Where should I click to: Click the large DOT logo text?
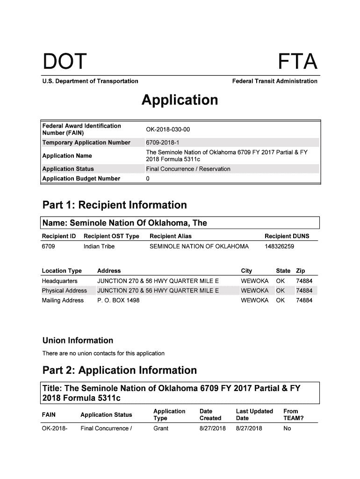coord(65,62)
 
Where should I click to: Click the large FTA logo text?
coord(298,62)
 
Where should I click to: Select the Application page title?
coord(180,100)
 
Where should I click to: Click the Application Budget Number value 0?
coord(148,179)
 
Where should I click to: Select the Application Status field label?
coord(68,169)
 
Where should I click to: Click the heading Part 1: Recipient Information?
coord(115,205)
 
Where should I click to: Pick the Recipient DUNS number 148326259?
coord(280,247)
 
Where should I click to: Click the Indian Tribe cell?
coord(99,247)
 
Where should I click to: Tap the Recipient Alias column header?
coord(170,236)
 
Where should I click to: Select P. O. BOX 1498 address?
coord(118,300)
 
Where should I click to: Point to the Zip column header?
coord(301,271)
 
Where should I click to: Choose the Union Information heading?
coord(78,341)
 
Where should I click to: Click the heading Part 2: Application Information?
coord(120,370)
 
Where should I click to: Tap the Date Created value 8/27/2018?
coord(213,428)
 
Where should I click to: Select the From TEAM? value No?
coord(287,428)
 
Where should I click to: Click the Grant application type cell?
coord(161,428)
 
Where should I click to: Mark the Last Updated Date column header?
coord(254,414)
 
